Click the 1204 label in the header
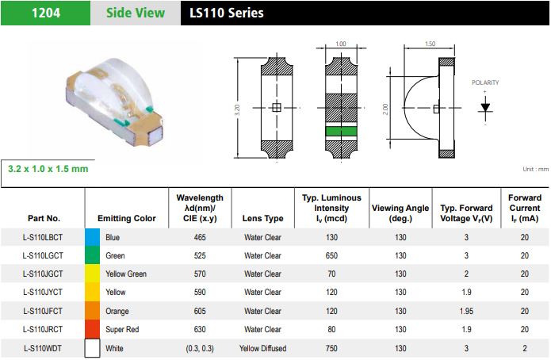point(43,12)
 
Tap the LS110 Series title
point(227,13)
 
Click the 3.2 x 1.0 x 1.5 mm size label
point(48,169)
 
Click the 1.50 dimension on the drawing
point(430,44)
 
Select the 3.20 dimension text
point(237,108)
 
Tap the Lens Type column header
point(262,218)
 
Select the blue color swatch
point(93,237)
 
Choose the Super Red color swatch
point(93,329)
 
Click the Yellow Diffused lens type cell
point(262,348)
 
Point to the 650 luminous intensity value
point(331,255)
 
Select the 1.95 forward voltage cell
point(466,311)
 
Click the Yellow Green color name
point(124,274)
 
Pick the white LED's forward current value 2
point(524,348)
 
